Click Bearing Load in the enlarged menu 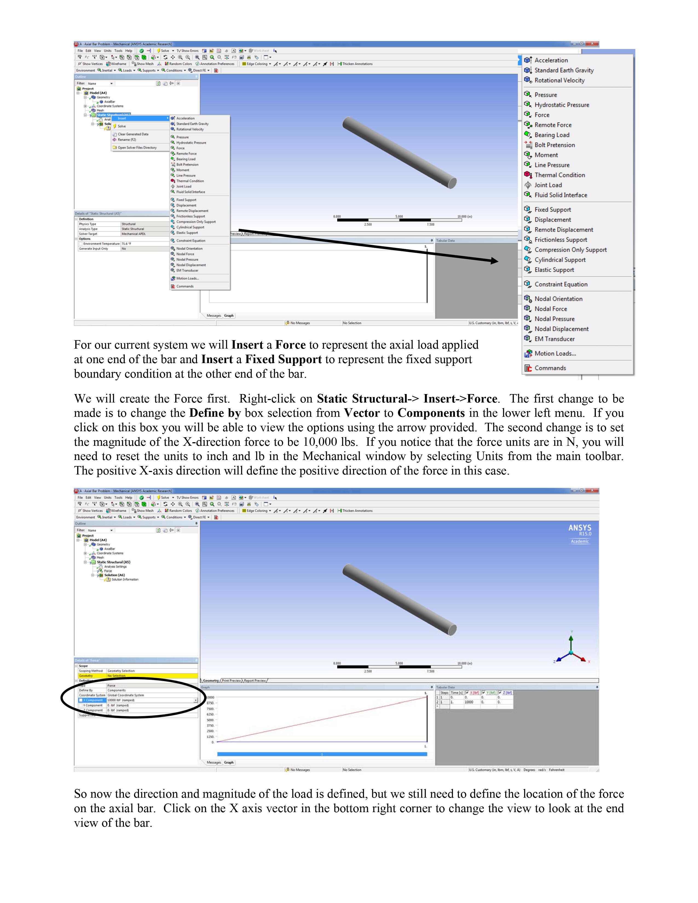click(552, 135)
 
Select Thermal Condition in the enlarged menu click(559, 175)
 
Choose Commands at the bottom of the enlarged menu click(550, 368)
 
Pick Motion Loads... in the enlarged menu click(555, 354)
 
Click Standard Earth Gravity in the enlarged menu click(564, 70)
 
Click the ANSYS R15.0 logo click(580, 531)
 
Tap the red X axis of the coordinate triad click(584, 659)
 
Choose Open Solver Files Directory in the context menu click(137, 147)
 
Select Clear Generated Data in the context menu click(133, 134)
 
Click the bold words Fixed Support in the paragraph click(283, 359)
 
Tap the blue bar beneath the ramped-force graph click(322, 754)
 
